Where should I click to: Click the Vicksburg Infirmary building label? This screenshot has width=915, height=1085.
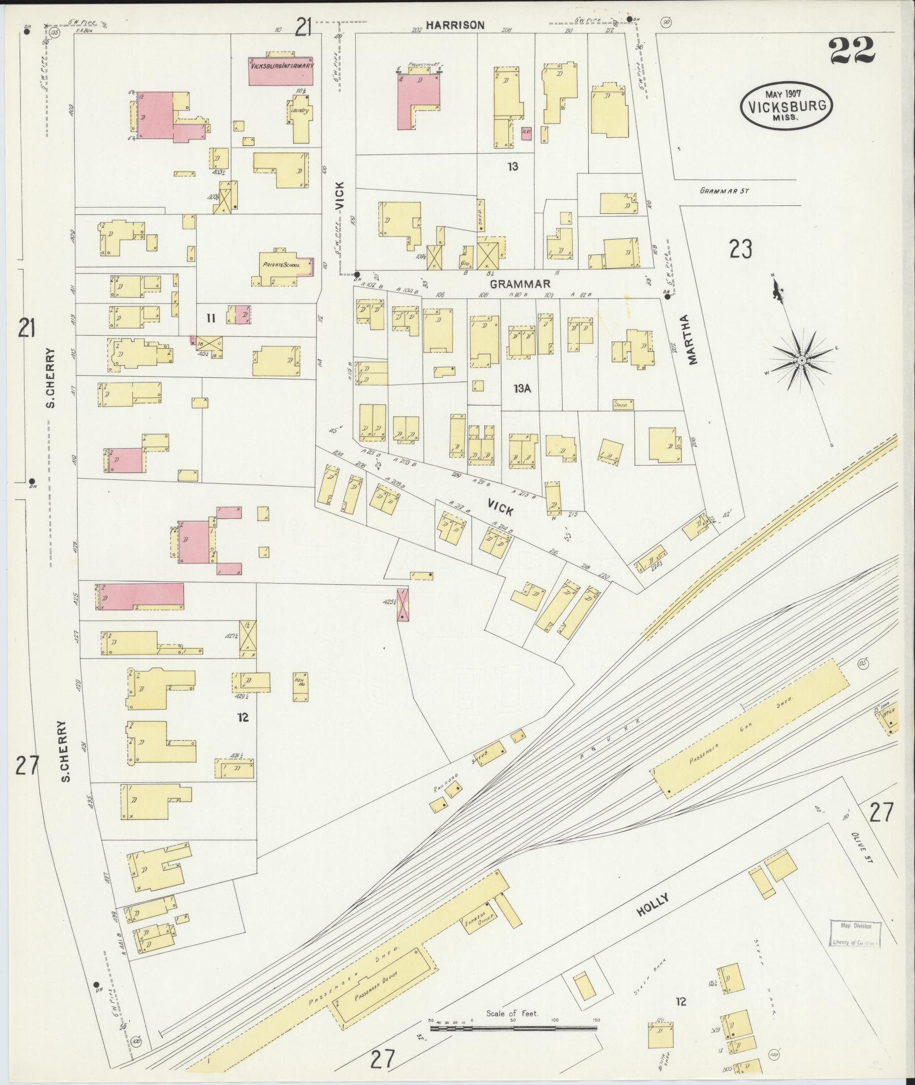point(281,66)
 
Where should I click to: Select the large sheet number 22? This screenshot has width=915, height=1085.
point(853,52)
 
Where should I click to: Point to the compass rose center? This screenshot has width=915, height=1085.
point(802,360)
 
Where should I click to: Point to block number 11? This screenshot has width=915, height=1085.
point(210,319)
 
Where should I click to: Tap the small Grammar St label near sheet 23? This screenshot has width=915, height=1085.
point(724,191)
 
